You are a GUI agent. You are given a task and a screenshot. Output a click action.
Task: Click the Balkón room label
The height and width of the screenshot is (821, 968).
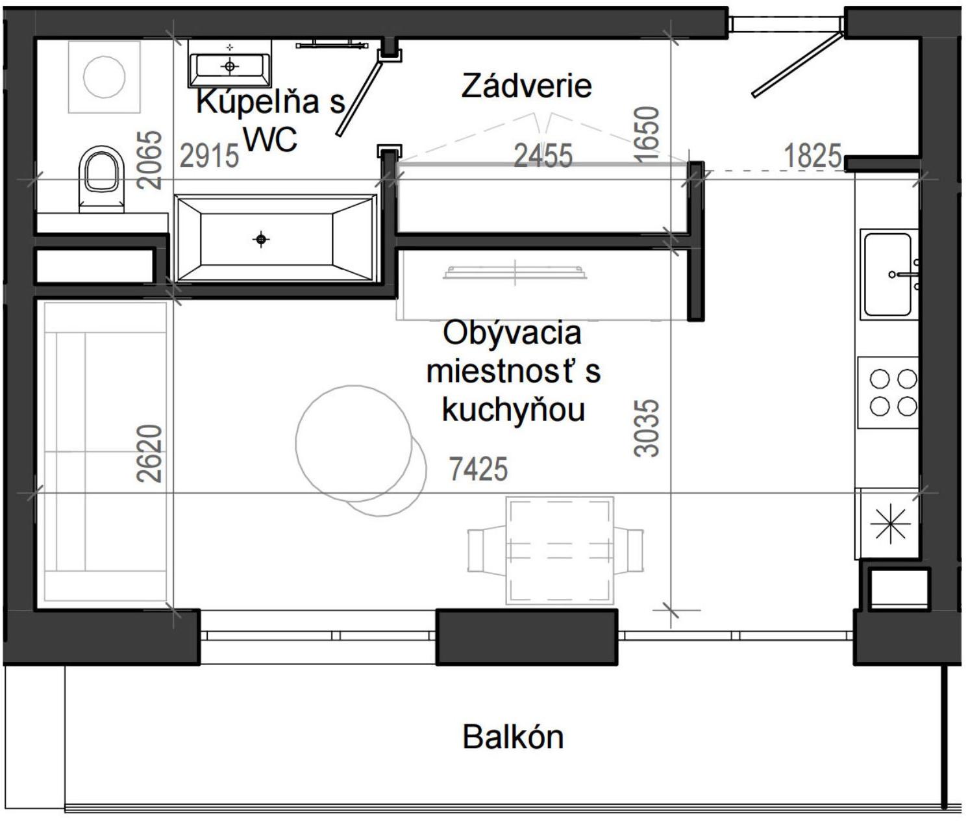513,737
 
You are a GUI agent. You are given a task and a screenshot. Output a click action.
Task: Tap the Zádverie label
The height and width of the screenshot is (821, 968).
527,86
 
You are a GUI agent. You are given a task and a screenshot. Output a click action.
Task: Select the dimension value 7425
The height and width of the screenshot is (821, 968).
478,469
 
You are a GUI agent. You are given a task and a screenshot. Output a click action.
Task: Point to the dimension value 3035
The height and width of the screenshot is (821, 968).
647,428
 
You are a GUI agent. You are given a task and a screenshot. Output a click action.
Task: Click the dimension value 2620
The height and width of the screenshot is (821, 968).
150,453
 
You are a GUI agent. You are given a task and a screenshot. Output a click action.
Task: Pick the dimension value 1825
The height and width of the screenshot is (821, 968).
812,157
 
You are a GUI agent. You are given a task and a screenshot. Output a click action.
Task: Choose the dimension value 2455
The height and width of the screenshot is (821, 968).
543,157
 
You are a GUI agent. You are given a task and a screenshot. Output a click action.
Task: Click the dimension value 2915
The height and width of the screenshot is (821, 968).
209,157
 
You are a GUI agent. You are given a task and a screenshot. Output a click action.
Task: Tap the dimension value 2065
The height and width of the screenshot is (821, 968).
150,160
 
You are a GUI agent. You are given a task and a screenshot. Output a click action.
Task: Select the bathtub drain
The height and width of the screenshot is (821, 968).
261,240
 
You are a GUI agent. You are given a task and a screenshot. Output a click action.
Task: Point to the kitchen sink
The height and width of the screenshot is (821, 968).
887,274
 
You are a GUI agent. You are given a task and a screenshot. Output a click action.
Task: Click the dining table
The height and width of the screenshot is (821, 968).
560,550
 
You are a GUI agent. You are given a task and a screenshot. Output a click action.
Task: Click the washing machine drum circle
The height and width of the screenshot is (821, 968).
105,76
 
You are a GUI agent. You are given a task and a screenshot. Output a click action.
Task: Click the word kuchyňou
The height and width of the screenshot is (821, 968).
513,410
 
